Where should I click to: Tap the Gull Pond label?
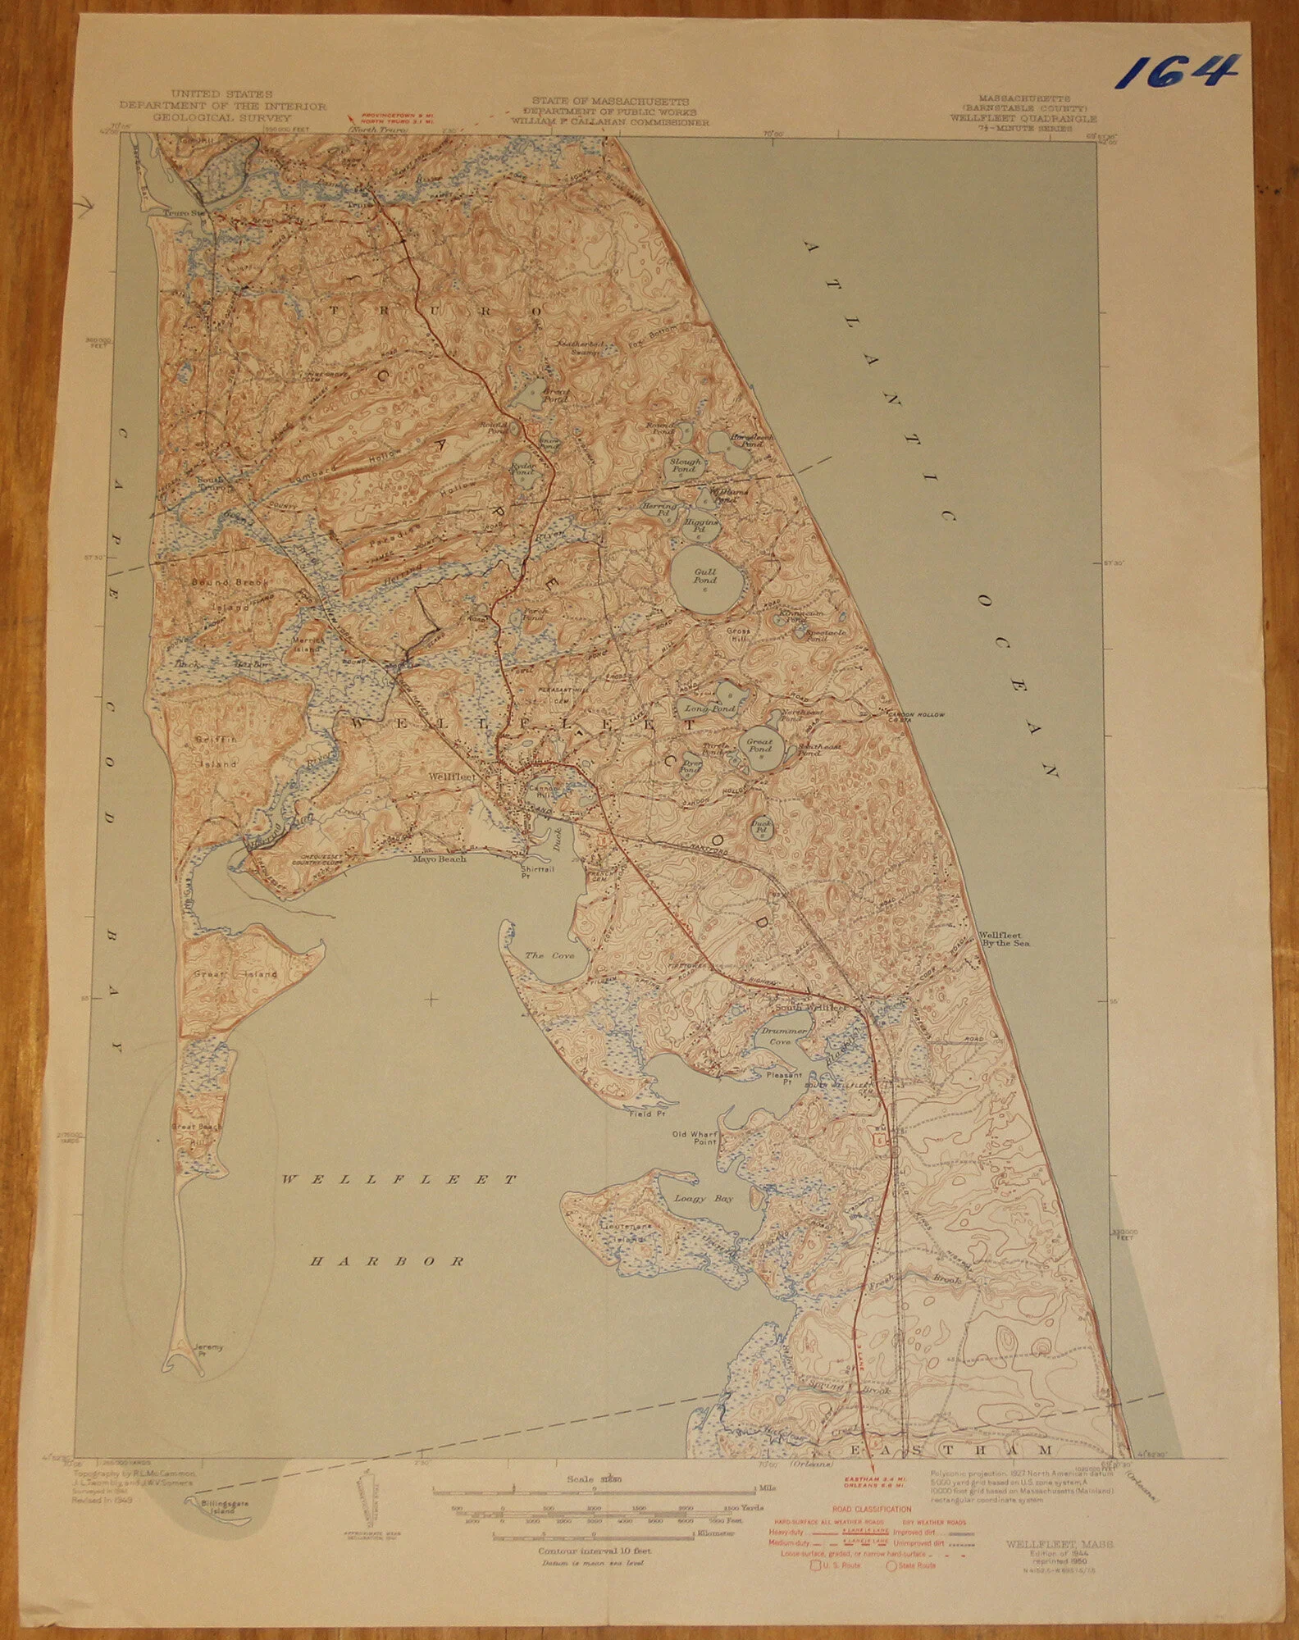(704, 576)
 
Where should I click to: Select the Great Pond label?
(759, 745)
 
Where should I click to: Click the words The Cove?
(549, 955)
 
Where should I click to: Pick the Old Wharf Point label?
(695, 1138)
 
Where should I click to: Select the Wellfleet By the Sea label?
(1006, 939)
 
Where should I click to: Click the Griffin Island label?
(216, 751)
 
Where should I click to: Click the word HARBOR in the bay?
(388, 1261)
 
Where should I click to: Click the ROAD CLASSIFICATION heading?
(871, 1508)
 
